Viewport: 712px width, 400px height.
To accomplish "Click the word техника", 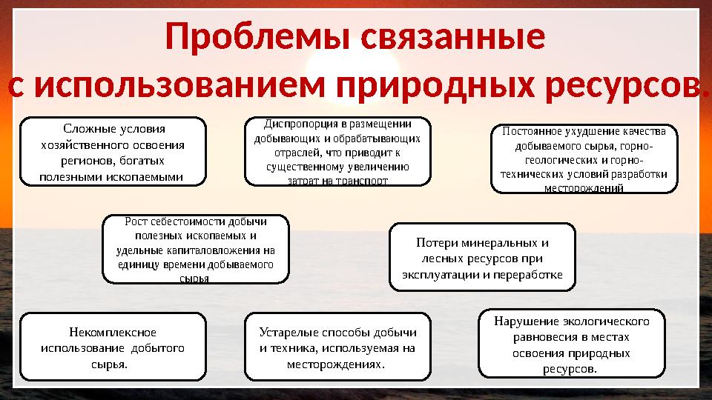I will [x=291, y=348].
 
